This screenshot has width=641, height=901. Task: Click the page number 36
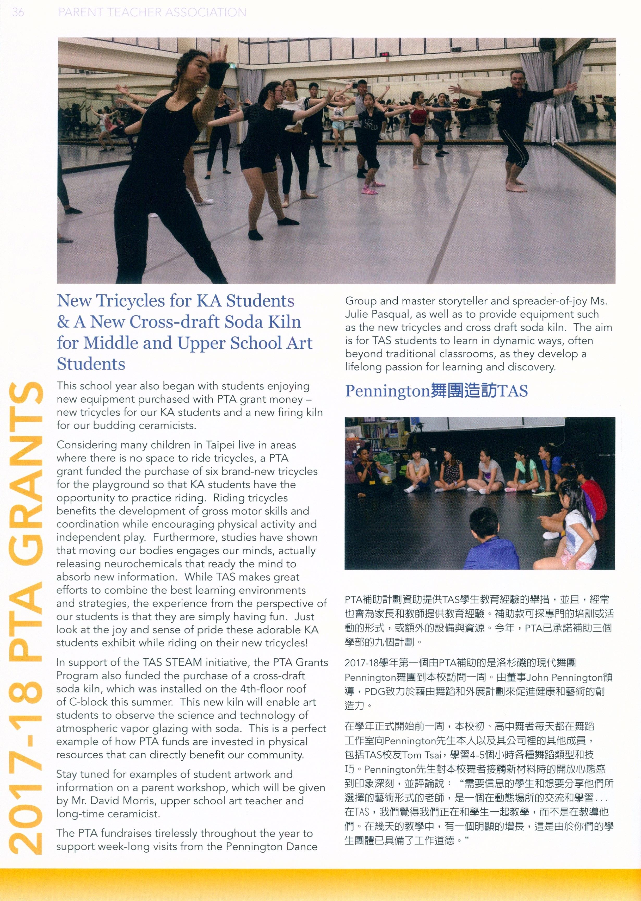click(18, 12)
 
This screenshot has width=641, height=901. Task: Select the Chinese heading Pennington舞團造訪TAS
click(436, 391)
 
